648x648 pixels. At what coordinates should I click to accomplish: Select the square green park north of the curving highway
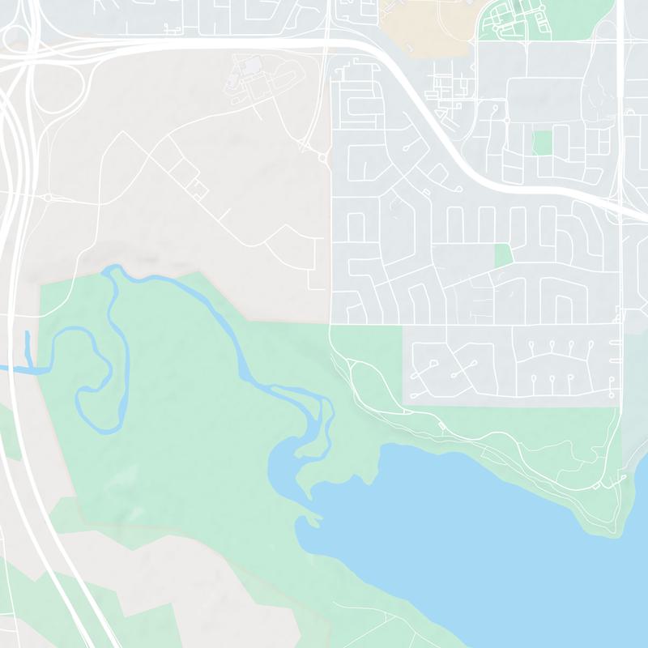click(542, 143)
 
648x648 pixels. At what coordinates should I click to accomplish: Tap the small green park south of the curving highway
click(503, 254)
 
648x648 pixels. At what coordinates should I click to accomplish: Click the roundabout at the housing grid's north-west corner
click(322, 157)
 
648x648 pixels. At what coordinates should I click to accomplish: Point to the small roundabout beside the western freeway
click(48, 197)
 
